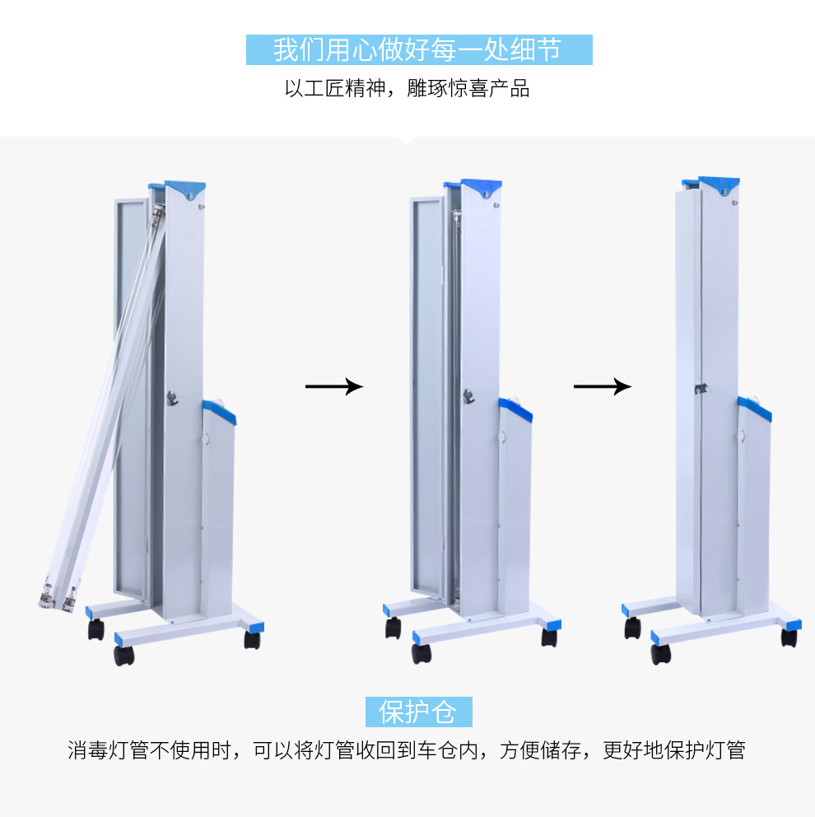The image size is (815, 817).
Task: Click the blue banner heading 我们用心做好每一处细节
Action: tap(419, 50)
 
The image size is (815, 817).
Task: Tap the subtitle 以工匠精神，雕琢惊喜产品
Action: tap(407, 89)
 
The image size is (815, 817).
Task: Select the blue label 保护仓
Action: tap(419, 712)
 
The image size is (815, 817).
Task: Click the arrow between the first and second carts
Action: tap(333, 386)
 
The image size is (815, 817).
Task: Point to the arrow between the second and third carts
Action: tap(602, 386)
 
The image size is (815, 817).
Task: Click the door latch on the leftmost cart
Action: tap(172, 398)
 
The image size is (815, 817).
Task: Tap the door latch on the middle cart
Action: tap(468, 396)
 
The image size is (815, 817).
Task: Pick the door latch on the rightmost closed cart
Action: tap(701, 389)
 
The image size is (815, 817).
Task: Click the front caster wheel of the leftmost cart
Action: tap(124, 656)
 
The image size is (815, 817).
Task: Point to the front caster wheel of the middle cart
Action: tap(421, 653)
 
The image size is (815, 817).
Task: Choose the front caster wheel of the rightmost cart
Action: tap(660, 654)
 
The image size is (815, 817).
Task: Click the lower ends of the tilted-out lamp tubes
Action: tap(58, 594)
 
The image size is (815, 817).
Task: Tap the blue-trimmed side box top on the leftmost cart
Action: tap(219, 411)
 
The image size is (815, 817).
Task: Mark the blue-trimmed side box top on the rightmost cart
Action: tap(755, 408)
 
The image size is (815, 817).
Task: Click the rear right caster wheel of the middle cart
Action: tap(549, 637)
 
